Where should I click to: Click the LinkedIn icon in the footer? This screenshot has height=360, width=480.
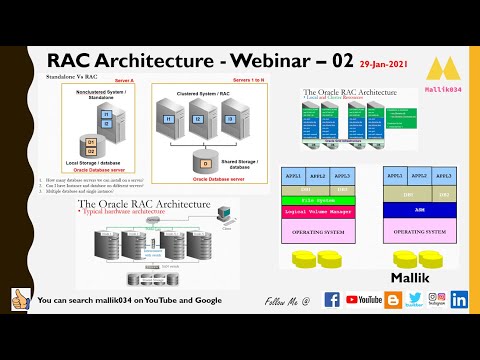coord(459,299)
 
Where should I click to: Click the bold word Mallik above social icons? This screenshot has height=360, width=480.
coord(411,272)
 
